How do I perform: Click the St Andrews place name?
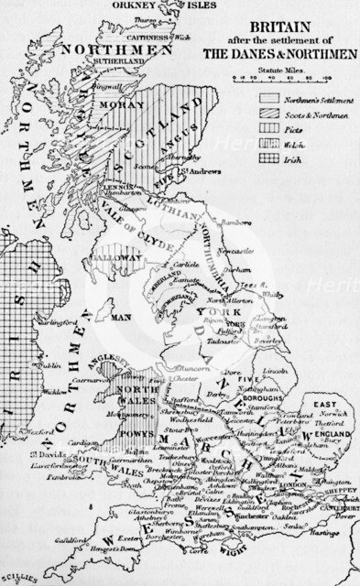click(205, 171)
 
